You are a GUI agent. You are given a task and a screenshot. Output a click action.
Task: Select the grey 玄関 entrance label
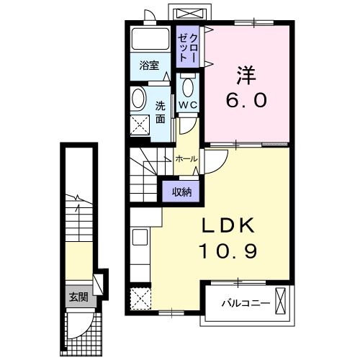[77, 296]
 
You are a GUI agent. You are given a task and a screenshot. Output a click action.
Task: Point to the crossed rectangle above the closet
[190, 13]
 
